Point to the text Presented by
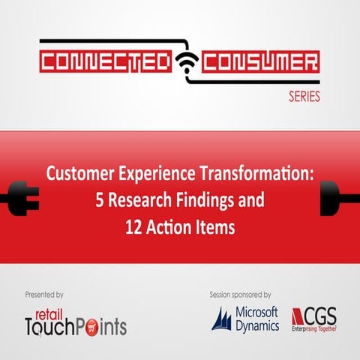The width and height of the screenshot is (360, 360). (45, 295)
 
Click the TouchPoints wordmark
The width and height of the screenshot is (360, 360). (75, 325)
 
